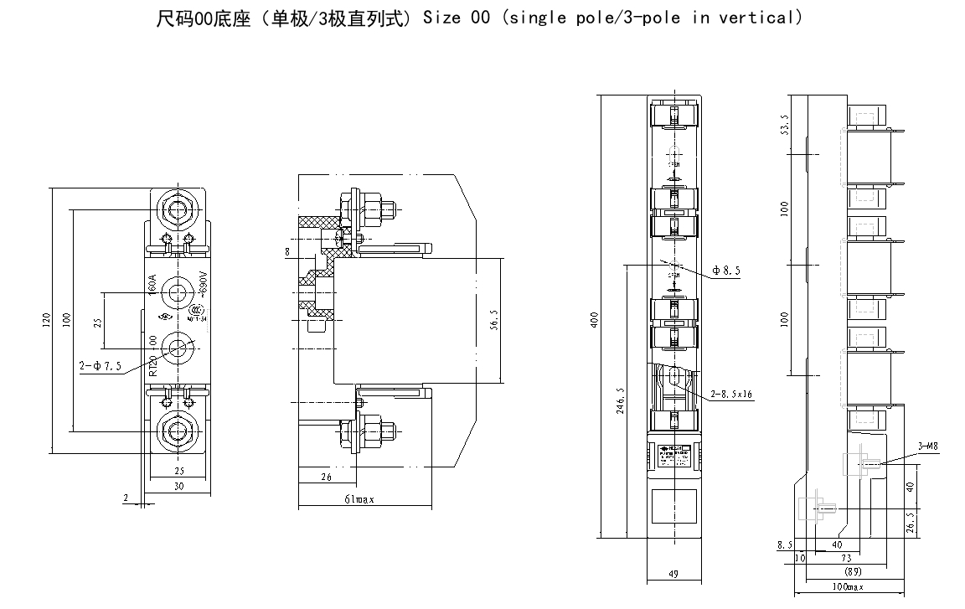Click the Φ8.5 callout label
[726, 271]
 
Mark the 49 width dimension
[673, 573]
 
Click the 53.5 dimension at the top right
[784, 125]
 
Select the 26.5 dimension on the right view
[911, 521]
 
